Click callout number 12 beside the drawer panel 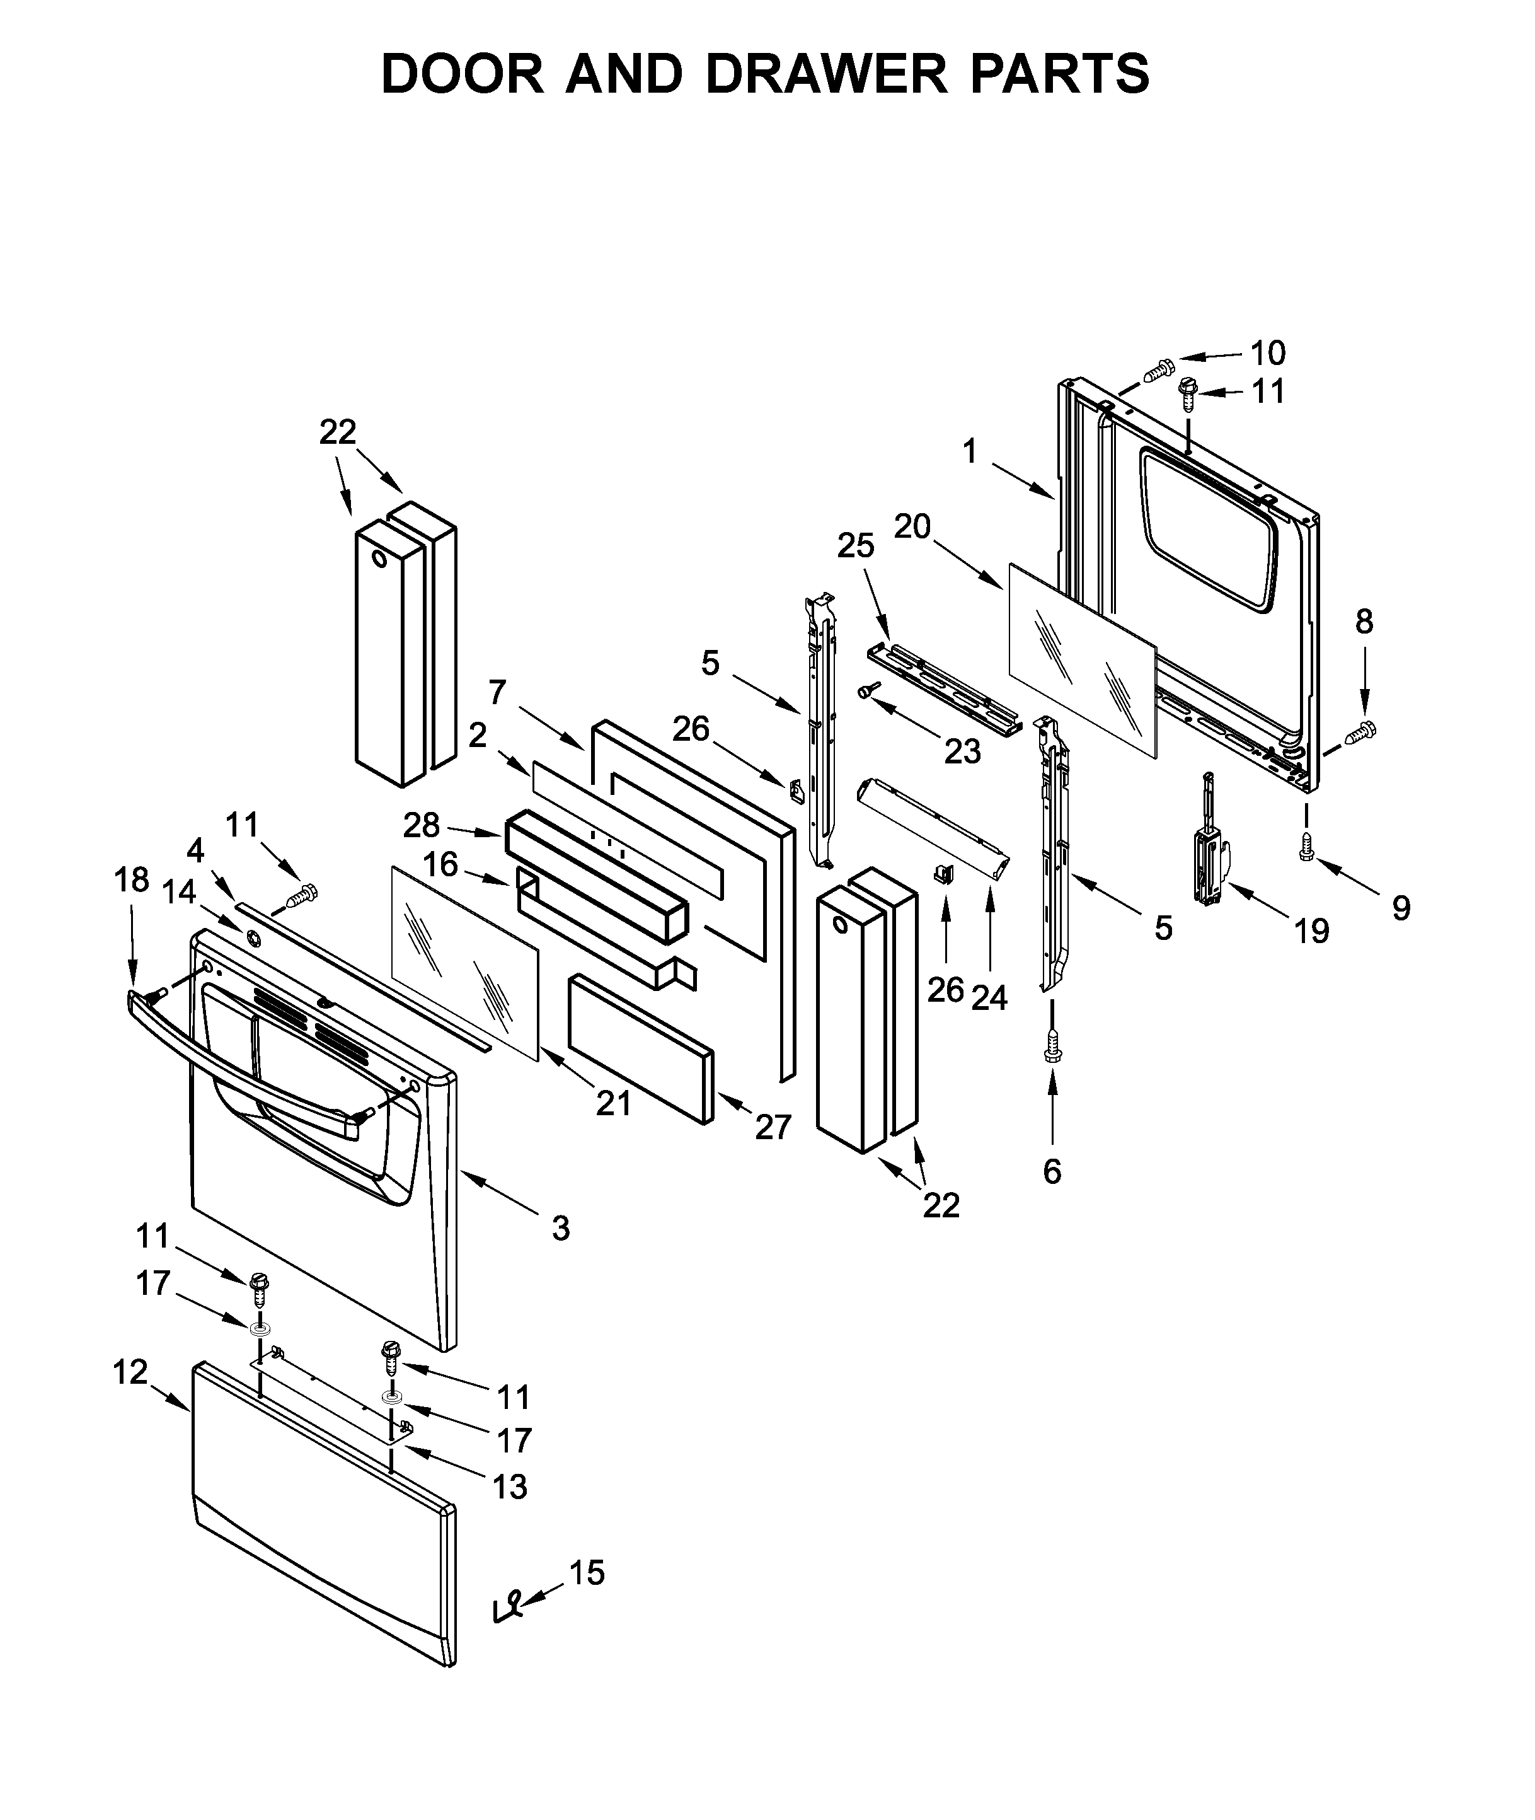click(130, 1372)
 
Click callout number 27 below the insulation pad click(773, 1127)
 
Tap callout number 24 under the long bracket click(989, 997)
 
